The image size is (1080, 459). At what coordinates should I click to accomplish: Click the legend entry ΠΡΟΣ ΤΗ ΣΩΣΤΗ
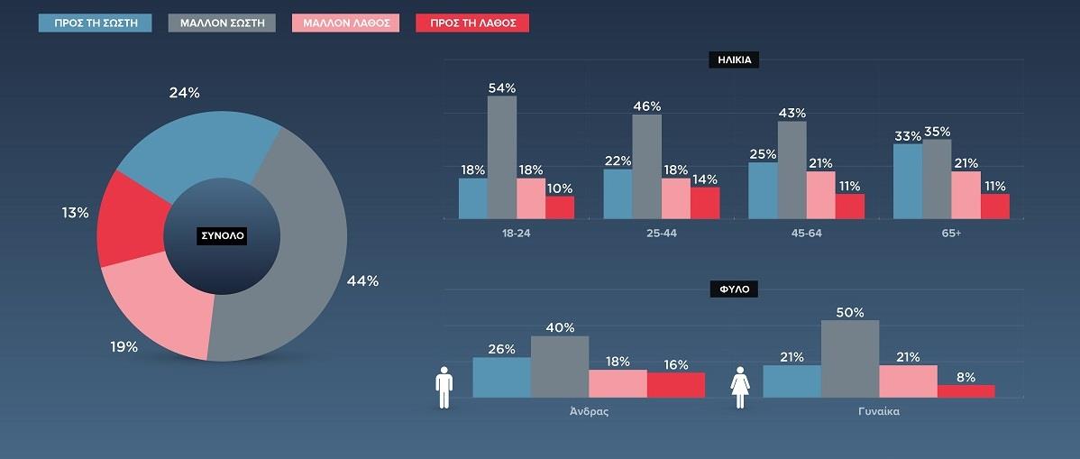(x=95, y=23)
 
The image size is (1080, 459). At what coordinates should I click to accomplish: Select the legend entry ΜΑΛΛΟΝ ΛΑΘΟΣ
(x=346, y=23)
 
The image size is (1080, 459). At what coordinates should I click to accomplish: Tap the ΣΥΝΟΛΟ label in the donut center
(x=222, y=236)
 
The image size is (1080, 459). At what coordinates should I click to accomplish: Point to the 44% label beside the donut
(x=362, y=280)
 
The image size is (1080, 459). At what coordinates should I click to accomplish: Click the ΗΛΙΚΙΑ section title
(x=735, y=61)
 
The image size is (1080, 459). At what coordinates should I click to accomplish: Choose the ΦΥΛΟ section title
(x=735, y=290)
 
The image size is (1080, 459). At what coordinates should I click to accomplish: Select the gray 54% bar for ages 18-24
(x=502, y=157)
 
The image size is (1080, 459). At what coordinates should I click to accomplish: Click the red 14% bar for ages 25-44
(x=705, y=203)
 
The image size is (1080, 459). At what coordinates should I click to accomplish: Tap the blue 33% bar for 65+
(x=908, y=181)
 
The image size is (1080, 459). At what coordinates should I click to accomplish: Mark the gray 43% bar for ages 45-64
(x=792, y=170)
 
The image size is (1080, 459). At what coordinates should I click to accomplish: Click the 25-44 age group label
(x=662, y=233)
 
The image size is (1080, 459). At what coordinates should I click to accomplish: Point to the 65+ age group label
(x=951, y=233)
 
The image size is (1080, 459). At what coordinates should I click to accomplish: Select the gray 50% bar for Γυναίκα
(x=850, y=359)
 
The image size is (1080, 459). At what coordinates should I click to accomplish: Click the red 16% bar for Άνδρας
(x=676, y=385)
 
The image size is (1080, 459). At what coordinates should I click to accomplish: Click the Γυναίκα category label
(x=878, y=411)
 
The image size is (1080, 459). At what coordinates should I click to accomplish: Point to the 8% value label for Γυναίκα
(x=966, y=378)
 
